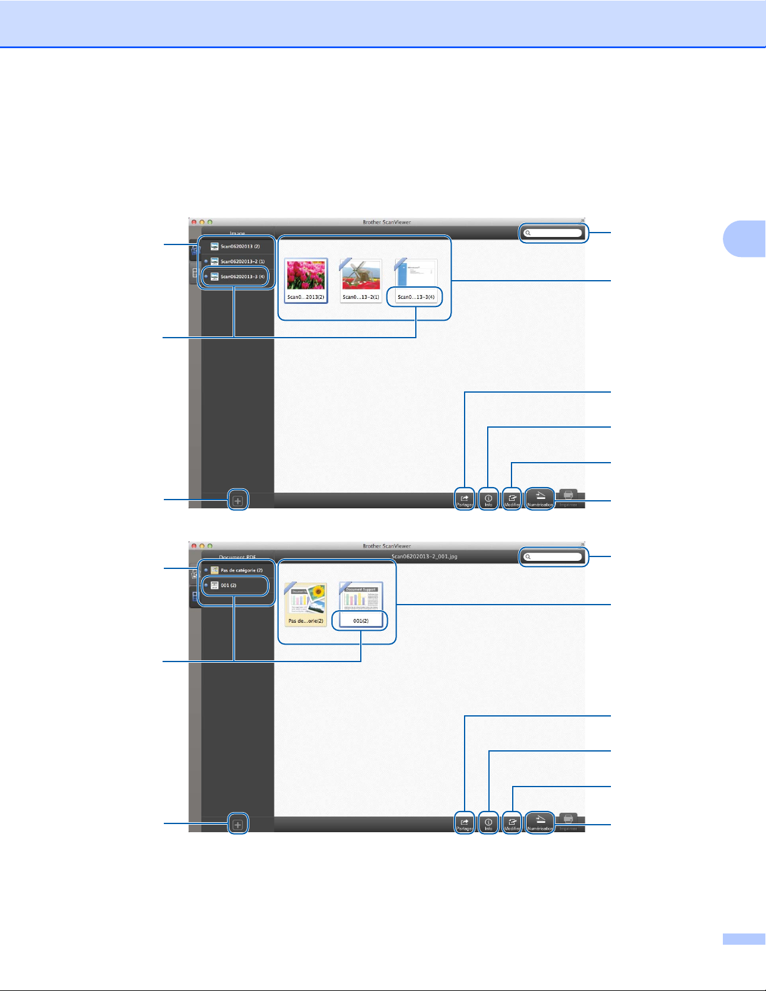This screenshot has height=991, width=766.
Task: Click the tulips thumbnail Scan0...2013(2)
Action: [x=306, y=276]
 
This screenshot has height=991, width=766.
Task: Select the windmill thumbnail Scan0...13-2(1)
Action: [x=361, y=276]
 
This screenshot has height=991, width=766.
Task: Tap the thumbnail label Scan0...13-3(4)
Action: [x=416, y=297]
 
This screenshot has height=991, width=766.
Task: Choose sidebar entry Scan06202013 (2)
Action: [x=239, y=246]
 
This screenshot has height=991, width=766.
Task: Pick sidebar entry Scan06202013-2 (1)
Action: [x=242, y=261]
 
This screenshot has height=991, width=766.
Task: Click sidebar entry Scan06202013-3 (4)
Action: [x=242, y=276]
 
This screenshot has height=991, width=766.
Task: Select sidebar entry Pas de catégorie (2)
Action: [x=241, y=570]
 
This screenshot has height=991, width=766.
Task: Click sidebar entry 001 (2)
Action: [x=228, y=585]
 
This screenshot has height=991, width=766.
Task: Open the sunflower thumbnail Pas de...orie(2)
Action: [x=306, y=600]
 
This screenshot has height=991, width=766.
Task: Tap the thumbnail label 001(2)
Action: [x=361, y=621]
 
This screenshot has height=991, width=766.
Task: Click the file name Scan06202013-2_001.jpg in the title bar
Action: [x=424, y=556]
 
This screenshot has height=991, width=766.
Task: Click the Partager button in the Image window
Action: [x=465, y=500]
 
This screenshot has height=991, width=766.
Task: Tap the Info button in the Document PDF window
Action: [x=488, y=823]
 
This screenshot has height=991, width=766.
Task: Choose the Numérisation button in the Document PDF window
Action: [x=540, y=823]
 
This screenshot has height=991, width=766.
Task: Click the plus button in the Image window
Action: [x=238, y=501]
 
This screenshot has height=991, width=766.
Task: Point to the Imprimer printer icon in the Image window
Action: [x=568, y=497]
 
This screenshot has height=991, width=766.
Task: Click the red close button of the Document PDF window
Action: [x=194, y=546]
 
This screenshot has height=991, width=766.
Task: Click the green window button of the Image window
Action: [x=210, y=222]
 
